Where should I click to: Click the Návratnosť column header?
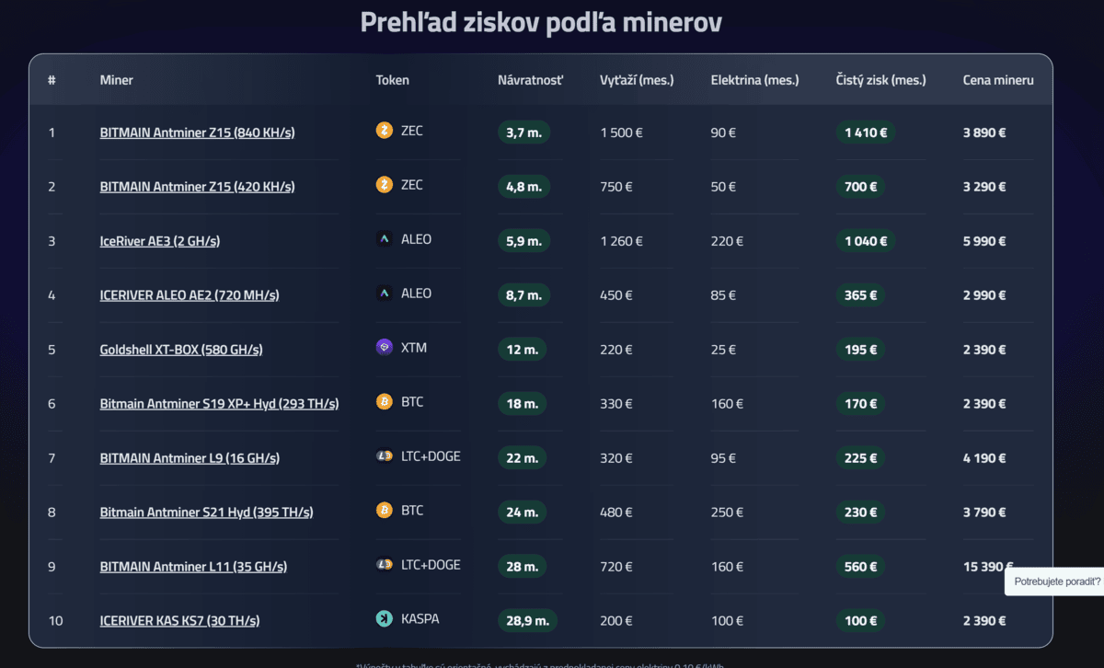530,80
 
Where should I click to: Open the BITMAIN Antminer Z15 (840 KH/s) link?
197,132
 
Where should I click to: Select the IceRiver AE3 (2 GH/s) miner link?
159,241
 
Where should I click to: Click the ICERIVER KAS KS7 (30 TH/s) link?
179,621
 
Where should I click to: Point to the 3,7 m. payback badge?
523,132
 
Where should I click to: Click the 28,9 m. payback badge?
527,621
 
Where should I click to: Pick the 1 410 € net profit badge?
865,132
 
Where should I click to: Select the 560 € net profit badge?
860,567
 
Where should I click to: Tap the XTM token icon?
385,348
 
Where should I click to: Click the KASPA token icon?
385,619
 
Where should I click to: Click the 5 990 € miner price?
984,241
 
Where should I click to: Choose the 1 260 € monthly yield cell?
621,241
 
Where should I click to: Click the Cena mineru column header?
998,80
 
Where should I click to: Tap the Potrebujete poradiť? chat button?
1056,582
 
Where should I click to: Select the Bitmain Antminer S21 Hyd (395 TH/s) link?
206,513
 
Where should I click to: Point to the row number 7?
52,458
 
